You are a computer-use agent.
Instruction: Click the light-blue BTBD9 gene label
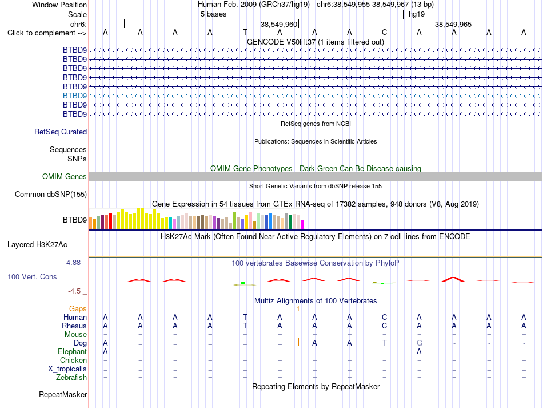[75, 96]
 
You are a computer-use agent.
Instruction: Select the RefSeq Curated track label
[61, 132]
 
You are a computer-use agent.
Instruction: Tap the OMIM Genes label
[65, 176]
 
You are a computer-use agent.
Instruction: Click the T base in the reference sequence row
[245, 32]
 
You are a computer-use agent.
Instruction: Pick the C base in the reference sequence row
[385, 32]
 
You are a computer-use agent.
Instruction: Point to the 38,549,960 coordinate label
[279, 24]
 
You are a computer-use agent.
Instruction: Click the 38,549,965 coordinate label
[453, 24]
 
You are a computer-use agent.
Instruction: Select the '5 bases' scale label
[213, 14]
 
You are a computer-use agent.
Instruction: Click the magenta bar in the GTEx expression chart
[303, 225]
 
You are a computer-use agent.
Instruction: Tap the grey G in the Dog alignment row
[420, 343]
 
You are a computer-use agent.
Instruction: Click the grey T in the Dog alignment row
[385, 343]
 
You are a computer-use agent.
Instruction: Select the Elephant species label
[73, 351]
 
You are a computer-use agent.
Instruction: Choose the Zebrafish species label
[71, 377]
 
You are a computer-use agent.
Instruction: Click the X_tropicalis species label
[67, 369]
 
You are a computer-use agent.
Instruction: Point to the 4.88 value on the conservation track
[73, 263]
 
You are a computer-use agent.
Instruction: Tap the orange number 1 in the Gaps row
[298, 308]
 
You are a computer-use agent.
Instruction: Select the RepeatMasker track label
[63, 394]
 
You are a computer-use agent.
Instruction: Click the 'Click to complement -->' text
[47, 33]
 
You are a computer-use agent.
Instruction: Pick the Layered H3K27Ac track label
[37, 245]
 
